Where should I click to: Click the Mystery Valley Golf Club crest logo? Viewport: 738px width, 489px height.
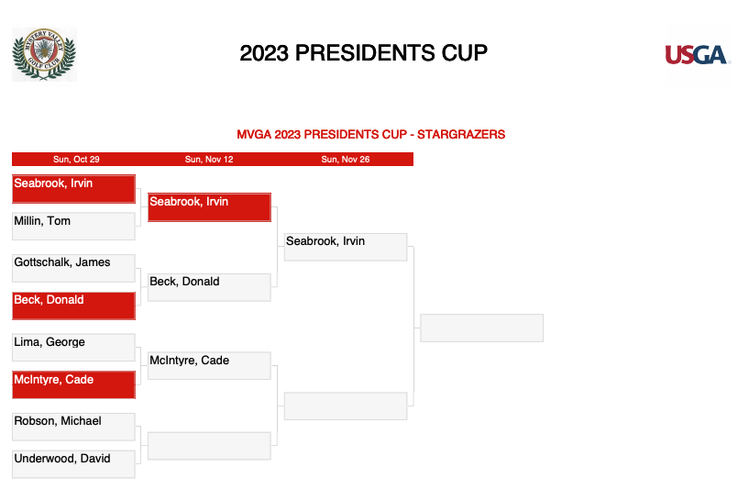[x=44, y=54]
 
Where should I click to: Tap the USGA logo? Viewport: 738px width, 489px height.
[x=697, y=55]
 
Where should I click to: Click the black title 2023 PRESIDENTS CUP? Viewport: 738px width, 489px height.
[x=363, y=53]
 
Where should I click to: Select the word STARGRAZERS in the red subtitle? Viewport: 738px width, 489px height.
[x=461, y=135]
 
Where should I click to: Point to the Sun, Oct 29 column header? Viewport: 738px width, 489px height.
[x=76, y=160]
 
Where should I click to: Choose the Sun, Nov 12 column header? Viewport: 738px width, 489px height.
[x=209, y=160]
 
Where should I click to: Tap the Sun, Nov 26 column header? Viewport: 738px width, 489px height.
[x=346, y=160]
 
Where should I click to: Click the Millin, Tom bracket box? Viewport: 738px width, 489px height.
[x=74, y=226]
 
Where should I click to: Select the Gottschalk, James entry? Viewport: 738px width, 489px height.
[x=74, y=268]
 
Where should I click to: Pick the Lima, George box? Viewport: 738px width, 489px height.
[x=74, y=347]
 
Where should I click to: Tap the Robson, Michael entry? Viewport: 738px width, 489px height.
[x=74, y=427]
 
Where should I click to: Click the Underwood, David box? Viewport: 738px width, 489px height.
[x=74, y=464]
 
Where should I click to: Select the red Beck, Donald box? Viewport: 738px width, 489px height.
[x=74, y=306]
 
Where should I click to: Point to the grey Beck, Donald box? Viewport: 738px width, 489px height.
[x=209, y=287]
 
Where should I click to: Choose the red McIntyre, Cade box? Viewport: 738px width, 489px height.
[x=74, y=385]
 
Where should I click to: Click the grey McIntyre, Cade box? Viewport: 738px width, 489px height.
[x=209, y=365]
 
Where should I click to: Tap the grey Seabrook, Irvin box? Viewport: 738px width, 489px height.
[x=346, y=247]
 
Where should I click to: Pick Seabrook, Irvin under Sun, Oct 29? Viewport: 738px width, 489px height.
[x=74, y=189]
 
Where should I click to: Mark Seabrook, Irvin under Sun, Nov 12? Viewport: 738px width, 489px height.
[x=209, y=207]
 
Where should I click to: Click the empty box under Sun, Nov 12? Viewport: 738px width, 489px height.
[x=209, y=446]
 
